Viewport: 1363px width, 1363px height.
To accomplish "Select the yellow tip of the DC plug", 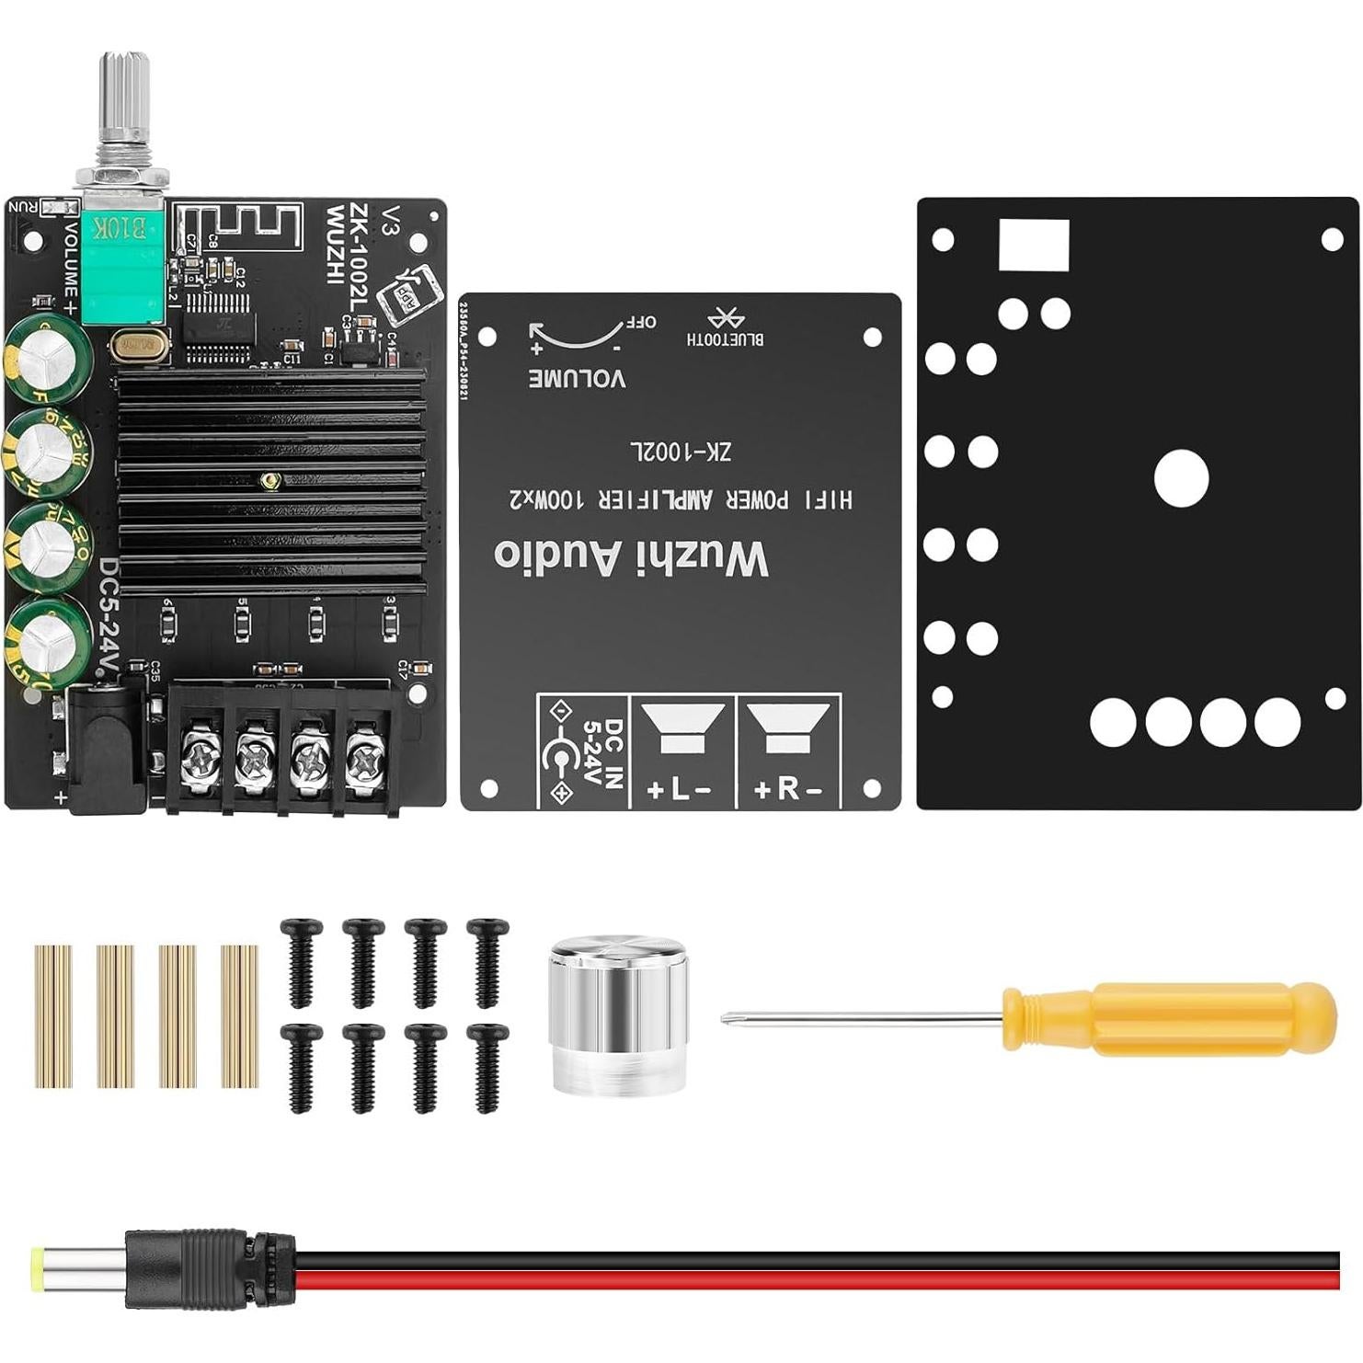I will click(x=39, y=1270).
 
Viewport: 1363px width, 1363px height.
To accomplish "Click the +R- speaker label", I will click(x=788, y=789).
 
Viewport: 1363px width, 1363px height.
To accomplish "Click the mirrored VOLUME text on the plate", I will click(x=578, y=378).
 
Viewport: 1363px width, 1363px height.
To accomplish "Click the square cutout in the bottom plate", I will click(x=1034, y=245).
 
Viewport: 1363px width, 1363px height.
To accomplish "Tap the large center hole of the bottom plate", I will click(x=1181, y=478).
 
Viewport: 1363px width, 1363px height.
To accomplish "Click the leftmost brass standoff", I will click(x=53, y=1015).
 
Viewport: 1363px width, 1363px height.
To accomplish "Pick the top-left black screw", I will click(x=302, y=961).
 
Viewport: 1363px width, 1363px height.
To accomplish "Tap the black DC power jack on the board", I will click(x=106, y=750).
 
